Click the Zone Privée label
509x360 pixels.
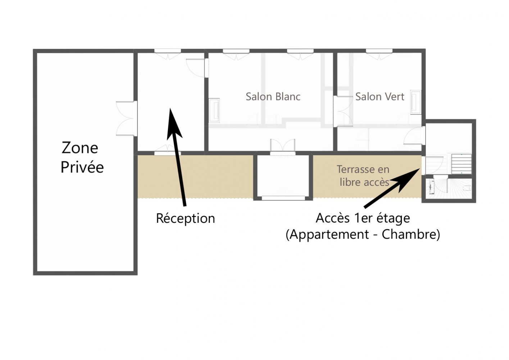click(x=82, y=157)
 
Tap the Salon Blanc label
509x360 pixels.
click(x=273, y=96)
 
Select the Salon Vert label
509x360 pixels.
click(x=380, y=96)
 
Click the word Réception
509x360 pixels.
click(x=185, y=218)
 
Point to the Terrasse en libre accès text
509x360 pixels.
click(x=363, y=176)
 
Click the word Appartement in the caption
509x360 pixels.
click(x=329, y=234)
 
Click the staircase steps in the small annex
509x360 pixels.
click(x=461, y=164)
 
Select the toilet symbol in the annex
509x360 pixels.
click(x=467, y=188)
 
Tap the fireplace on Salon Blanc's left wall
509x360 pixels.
click(x=214, y=111)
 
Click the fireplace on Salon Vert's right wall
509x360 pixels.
click(x=416, y=102)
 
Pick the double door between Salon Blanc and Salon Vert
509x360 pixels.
click(x=343, y=111)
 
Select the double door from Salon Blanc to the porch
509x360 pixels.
click(x=283, y=147)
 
